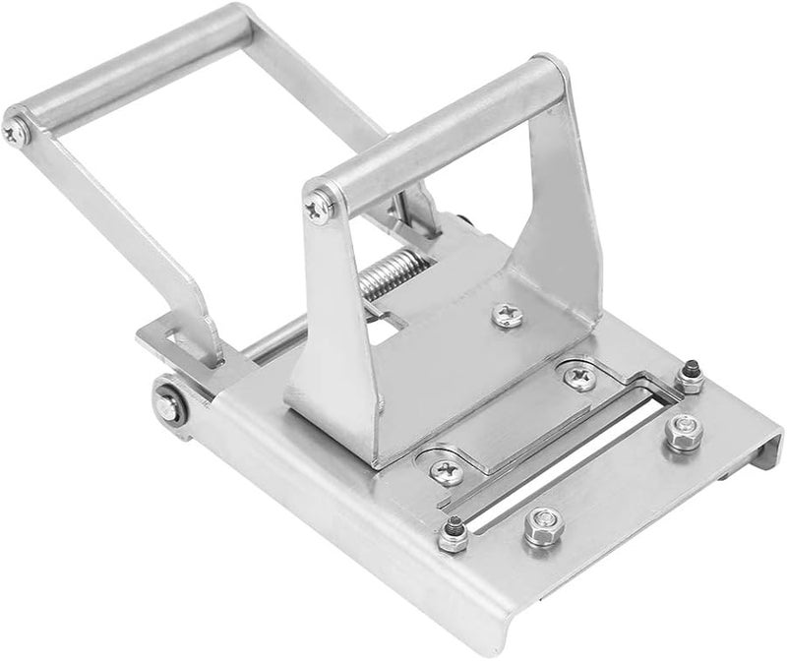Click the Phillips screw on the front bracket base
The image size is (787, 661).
coord(508,314)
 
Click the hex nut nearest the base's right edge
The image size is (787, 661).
coord(680,431)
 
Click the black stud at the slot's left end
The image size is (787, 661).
coord(453,532)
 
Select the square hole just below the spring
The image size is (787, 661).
coord(393,320)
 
